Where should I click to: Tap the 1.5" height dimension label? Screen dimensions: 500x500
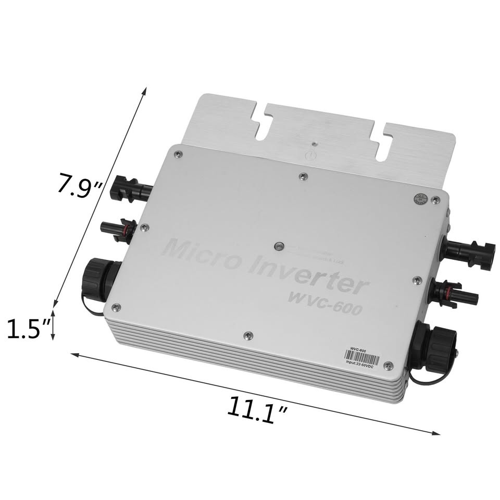tap(25, 329)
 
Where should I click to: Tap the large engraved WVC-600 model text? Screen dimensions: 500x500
tap(325, 302)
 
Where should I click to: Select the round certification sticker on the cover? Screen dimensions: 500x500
tap(420, 199)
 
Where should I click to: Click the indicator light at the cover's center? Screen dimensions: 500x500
tap(279, 245)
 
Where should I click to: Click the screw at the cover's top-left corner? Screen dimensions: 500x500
tap(178, 154)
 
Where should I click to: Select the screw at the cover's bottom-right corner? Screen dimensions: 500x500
tap(387, 366)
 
